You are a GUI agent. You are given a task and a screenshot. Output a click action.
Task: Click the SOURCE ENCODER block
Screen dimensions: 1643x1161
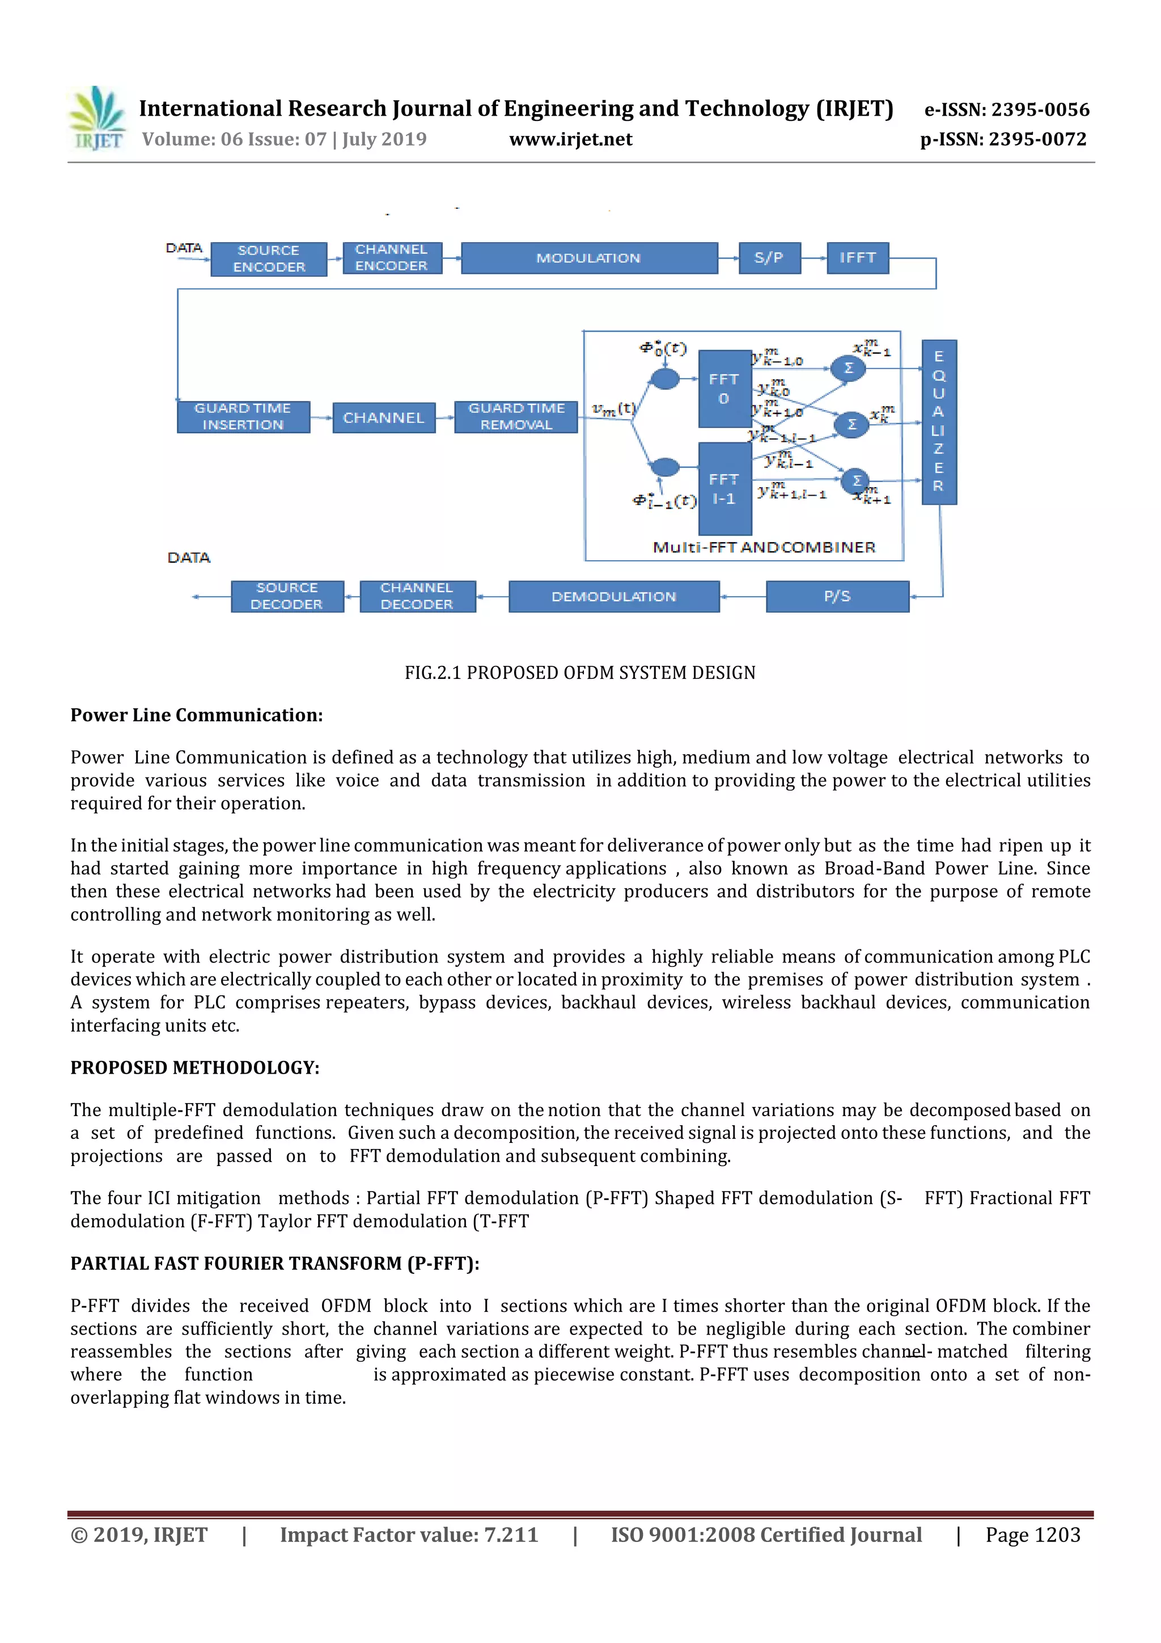tap(268, 258)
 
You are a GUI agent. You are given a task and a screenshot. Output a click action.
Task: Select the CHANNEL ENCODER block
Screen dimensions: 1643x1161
tap(391, 257)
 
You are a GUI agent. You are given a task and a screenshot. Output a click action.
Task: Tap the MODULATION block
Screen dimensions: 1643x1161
tap(589, 257)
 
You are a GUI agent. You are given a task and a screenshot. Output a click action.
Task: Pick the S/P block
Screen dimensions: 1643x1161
tap(769, 257)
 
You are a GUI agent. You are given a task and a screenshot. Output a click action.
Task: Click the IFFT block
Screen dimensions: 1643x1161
tap(857, 257)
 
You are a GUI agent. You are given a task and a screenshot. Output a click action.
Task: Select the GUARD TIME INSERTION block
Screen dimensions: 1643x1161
tap(243, 416)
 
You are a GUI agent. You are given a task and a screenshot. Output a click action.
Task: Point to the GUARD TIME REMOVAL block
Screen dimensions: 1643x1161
tap(516, 416)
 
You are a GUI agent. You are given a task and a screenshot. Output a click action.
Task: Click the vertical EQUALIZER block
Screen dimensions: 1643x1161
tap(939, 421)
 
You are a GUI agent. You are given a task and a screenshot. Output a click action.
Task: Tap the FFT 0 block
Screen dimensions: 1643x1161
tap(724, 388)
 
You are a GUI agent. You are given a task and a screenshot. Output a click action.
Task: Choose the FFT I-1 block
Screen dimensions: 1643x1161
tap(724, 489)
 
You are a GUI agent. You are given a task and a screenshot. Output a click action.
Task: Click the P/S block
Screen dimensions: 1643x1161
tap(837, 596)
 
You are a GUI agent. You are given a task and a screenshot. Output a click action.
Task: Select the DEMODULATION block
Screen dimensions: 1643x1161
tap(614, 596)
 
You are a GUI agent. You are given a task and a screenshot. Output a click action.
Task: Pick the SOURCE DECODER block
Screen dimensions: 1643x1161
tap(287, 596)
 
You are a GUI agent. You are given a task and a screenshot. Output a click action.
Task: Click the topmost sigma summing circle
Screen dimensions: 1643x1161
tap(849, 369)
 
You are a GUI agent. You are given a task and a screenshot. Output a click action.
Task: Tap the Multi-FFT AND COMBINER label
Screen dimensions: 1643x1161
tap(764, 547)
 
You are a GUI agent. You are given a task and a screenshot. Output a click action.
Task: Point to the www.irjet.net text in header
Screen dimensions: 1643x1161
tap(571, 140)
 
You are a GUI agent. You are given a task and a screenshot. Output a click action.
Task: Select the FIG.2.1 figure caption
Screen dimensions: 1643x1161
tap(580, 673)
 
